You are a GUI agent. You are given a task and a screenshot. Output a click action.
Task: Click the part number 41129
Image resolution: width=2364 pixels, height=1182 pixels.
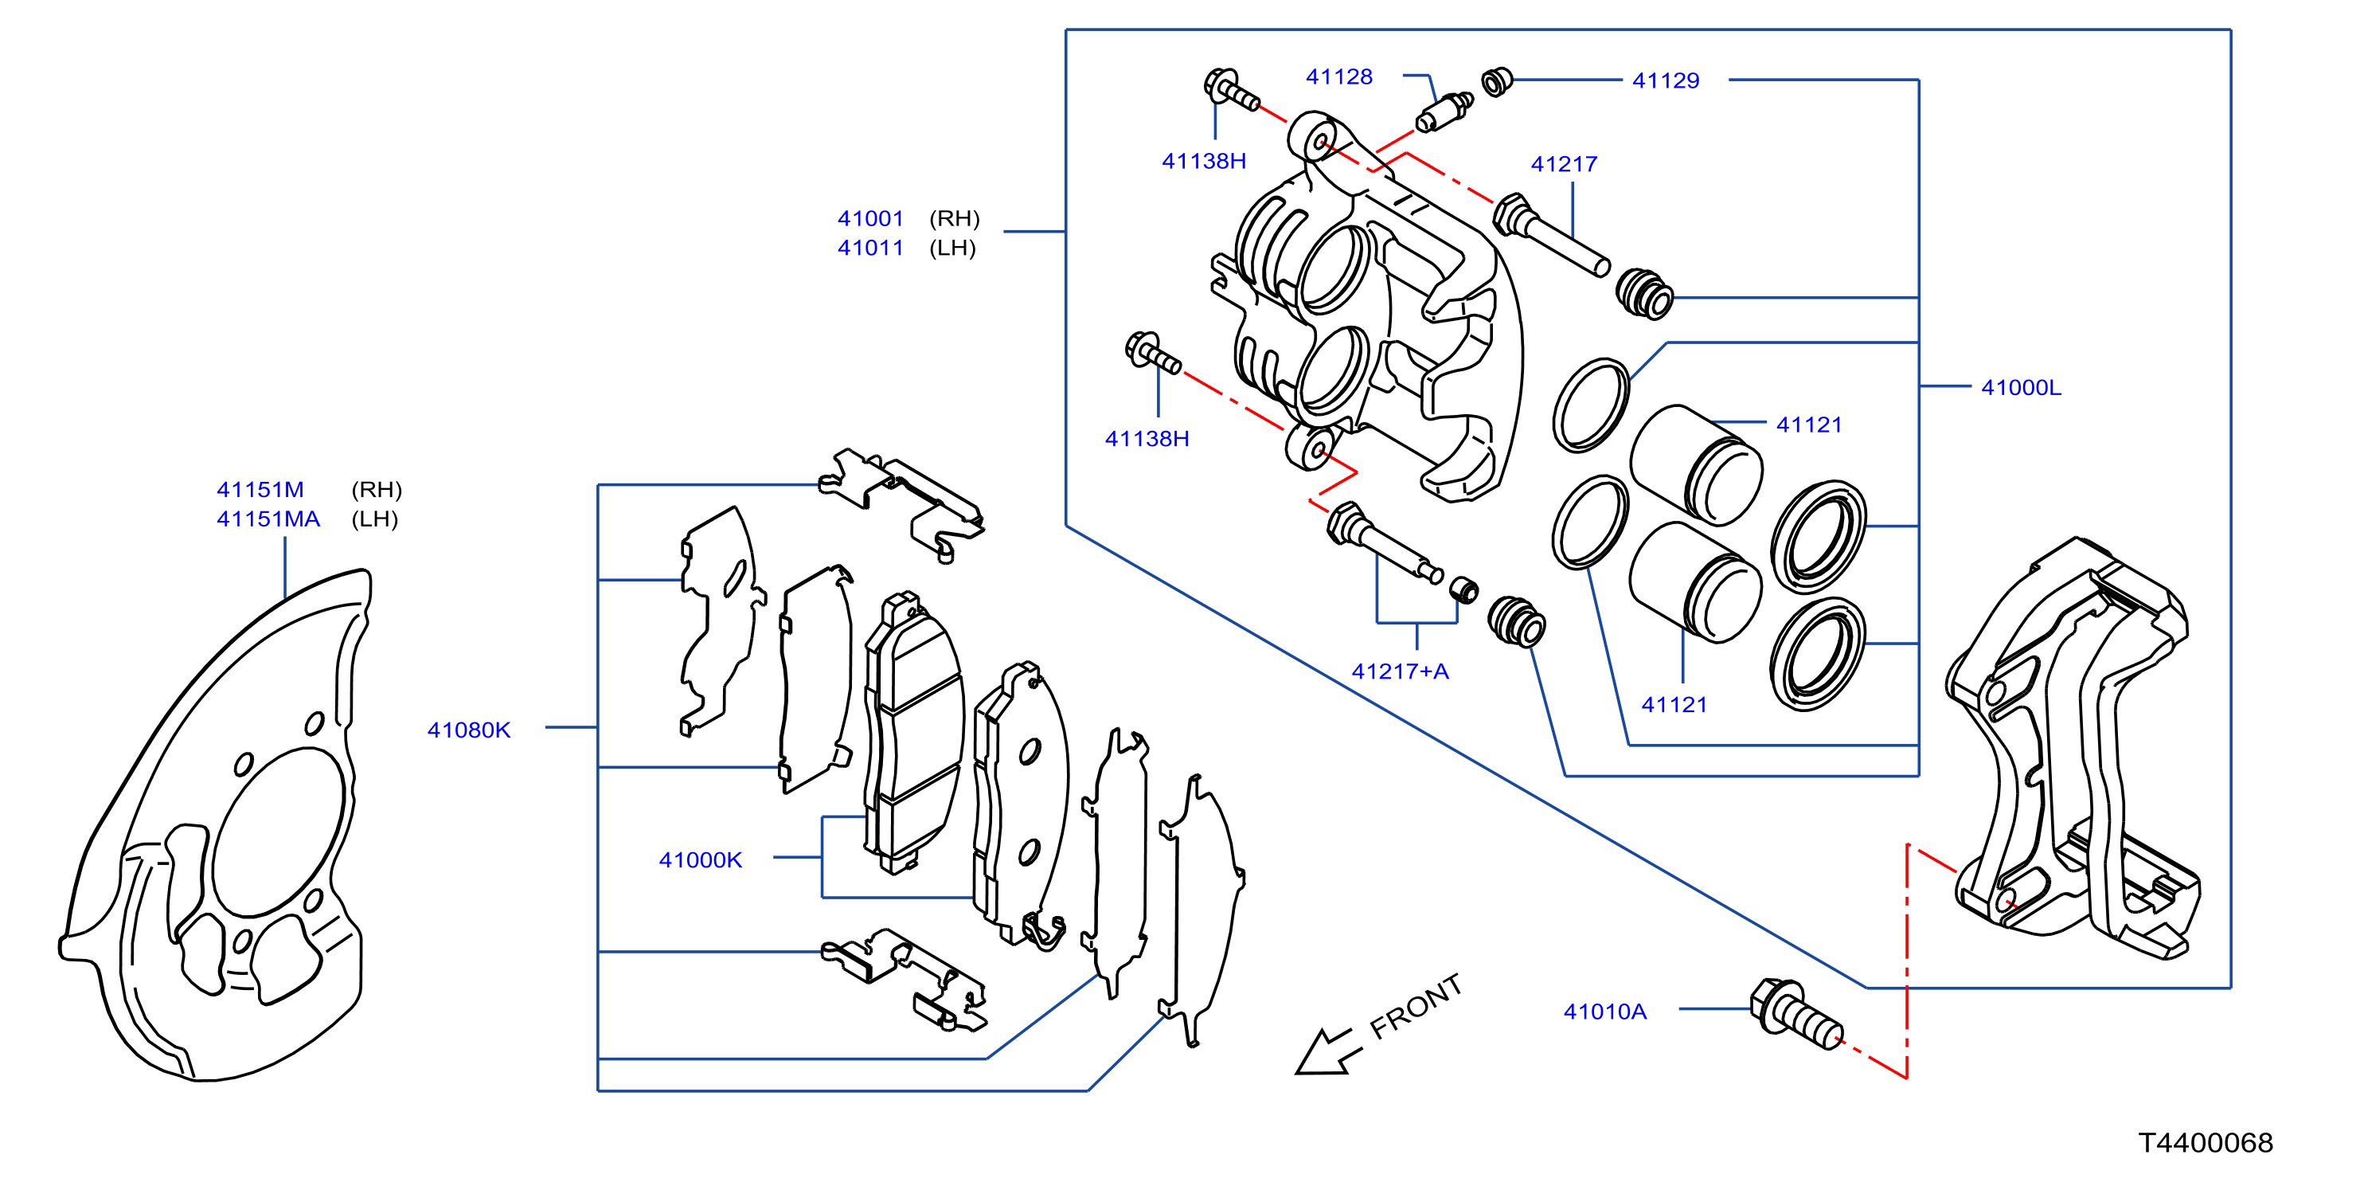point(1665,80)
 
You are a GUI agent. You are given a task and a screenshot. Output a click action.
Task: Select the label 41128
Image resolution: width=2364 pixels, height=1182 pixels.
point(1339,77)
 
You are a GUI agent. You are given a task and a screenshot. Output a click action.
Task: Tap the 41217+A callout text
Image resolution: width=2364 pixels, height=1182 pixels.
point(1400,671)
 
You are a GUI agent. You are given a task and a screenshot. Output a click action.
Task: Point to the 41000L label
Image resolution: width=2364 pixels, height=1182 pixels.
point(2021,387)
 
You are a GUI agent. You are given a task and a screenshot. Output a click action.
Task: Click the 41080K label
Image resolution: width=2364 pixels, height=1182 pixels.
point(469,730)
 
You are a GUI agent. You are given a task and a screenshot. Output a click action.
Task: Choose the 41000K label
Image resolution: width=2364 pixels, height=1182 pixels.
point(700,860)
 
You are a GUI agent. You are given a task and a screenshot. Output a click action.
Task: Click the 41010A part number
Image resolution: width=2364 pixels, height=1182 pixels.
point(1605,1012)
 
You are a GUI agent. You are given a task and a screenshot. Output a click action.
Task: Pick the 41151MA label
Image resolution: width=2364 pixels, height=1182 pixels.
point(268,519)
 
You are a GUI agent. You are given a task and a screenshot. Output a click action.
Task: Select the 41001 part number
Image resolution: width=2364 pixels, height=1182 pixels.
point(870,218)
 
